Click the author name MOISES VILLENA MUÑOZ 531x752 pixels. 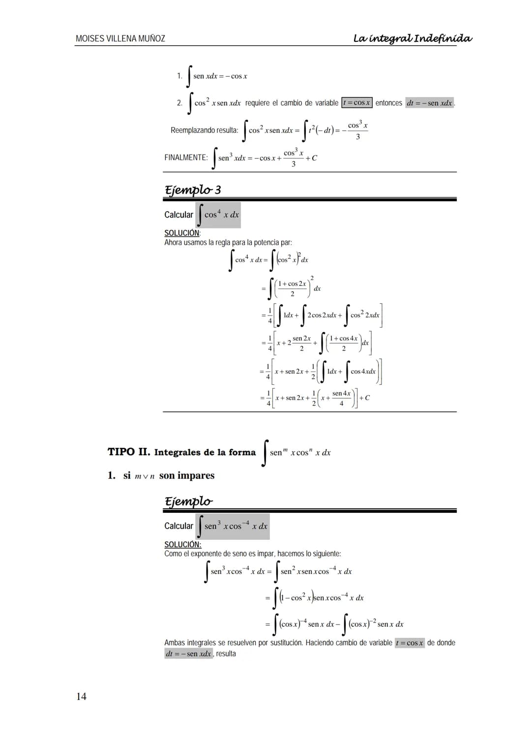click(x=120, y=38)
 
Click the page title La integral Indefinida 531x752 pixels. click(x=413, y=38)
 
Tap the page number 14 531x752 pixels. click(x=82, y=696)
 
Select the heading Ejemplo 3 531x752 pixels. click(x=193, y=190)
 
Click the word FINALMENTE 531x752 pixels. click(x=186, y=157)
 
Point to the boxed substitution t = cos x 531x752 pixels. click(x=357, y=103)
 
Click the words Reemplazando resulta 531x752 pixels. click(x=204, y=130)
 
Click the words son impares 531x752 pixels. click(x=187, y=475)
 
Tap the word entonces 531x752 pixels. click(x=389, y=103)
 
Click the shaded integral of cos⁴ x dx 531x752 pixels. click(x=218, y=215)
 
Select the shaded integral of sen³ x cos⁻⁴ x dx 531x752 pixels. click(x=233, y=526)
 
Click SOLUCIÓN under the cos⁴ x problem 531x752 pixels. click(x=182, y=233)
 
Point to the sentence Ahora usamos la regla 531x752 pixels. click(x=228, y=243)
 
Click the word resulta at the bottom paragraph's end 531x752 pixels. click(x=226, y=654)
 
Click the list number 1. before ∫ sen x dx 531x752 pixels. click(x=180, y=76)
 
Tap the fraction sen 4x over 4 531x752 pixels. click(x=341, y=398)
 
